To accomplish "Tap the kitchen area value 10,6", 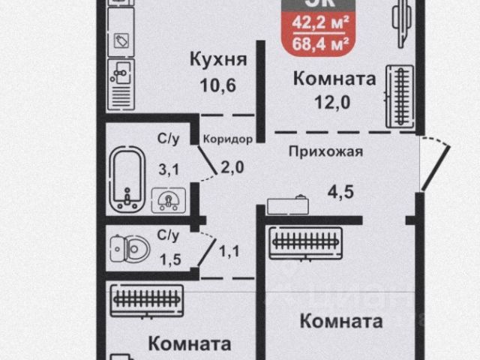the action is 218,85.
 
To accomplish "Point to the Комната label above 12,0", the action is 334,78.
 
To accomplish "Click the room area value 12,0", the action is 334,101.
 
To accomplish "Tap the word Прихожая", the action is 326,151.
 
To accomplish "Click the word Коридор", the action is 228,139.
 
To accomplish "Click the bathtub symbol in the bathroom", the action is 125,178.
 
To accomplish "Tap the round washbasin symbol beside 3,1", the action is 168,199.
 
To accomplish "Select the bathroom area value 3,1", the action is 168,169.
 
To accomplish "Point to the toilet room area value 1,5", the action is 167,260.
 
